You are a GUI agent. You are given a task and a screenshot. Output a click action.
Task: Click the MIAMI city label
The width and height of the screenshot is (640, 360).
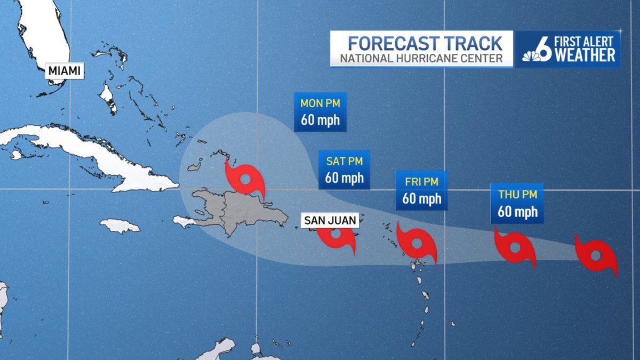click(x=65, y=70)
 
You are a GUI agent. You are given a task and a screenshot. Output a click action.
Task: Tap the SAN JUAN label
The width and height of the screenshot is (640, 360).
click(x=330, y=220)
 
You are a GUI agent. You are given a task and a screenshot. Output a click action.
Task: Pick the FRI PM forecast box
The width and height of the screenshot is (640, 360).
click(x=421, y=190)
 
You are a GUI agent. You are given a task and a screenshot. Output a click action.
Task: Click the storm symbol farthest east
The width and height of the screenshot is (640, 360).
click(x=596, y=254)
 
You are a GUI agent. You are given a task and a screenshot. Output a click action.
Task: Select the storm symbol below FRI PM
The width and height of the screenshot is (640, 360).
click(x=417, y=244)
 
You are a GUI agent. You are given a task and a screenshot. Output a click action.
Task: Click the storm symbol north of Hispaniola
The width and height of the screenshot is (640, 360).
click(x=245, y=179)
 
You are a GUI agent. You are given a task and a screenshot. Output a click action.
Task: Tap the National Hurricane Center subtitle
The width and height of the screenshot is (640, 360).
click(x=421, y=58)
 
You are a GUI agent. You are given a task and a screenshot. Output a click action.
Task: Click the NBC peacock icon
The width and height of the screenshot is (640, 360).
click(x=530, y=56)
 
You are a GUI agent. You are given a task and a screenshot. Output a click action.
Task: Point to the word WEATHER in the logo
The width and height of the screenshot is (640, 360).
click(x=585, y=55)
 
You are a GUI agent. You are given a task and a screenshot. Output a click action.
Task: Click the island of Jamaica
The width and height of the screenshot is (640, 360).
click(x=119, y=226)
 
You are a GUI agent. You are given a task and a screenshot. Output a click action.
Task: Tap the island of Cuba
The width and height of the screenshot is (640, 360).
click(x=85, y=152)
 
